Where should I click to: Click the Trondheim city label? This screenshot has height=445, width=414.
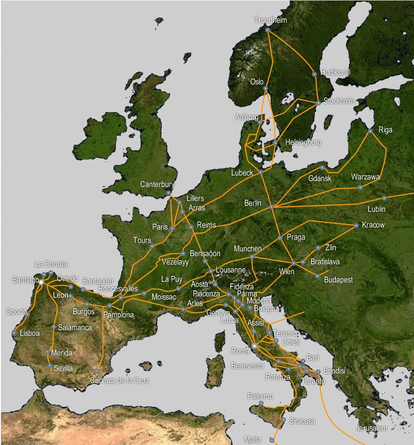click(x=270, y=20)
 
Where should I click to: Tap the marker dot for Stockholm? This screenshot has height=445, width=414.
click(x=318, y=103)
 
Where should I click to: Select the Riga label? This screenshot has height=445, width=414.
click(x=385, y=130)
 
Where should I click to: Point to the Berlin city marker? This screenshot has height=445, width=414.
click(x=271, y=207)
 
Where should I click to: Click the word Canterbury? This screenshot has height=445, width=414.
click(x=157, y=184)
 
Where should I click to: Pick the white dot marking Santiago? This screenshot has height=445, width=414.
click(x=40, y=282)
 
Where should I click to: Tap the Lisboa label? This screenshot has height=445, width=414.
click(x=29, y=333)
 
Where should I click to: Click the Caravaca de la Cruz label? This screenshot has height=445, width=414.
click(x=119, y=380)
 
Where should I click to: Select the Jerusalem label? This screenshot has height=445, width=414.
click(x=371, y=428)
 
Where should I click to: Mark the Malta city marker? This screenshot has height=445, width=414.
click(x=272, y=440)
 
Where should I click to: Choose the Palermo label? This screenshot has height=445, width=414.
click(x=260, y=396)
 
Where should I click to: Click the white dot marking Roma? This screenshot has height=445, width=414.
click(x=254, y=345)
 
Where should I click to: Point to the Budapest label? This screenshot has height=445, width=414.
click(x=338, y=280)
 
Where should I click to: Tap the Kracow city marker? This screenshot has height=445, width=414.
click(x=356, y=225)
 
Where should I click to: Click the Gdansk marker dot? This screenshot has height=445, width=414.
click(x=322, y=168)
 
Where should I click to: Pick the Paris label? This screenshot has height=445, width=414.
click(x=160, y=227)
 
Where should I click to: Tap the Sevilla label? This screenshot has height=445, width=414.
click(x=63, y=368)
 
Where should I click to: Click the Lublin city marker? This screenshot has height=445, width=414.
click(x=384, y=198)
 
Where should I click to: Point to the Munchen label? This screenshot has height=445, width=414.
click(x=247, y=249)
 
